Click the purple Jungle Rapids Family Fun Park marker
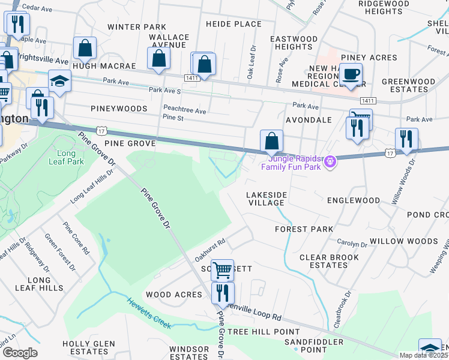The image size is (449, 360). tap(329, 161)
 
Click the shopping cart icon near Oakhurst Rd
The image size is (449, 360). tap(222, 270)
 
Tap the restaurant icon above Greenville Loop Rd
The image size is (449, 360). tap(223, 293)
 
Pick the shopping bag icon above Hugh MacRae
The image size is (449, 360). tap(85, 48)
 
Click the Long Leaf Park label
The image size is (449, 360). tap(70, 158)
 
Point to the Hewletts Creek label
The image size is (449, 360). tap(149, 313)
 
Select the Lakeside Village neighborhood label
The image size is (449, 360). tap(267, 199)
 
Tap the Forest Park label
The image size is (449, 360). tap(304, 229)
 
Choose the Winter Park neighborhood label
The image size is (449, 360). tap(136, 27)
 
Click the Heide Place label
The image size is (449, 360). tap(234, 24)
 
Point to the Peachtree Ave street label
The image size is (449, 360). tap(185, 111)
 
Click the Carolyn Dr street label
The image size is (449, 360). tap(352, 244)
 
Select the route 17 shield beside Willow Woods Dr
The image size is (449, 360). tap(390, 154)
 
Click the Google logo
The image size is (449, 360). tap(20, 352)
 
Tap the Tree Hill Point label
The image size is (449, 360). tap(264, 332)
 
